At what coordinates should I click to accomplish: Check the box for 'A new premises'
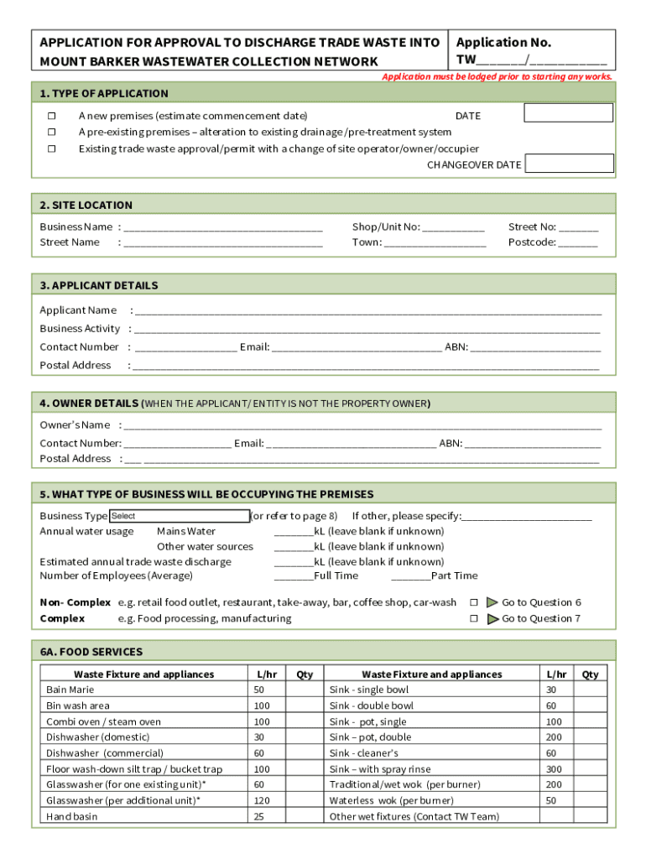point(51,116)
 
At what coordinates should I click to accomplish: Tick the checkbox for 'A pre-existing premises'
point(51,132)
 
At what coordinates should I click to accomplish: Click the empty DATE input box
point(568,113)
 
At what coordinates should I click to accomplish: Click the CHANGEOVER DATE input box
point(568,164)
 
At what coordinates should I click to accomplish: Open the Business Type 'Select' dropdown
point(180,516)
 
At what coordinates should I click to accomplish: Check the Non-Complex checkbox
point(473,602)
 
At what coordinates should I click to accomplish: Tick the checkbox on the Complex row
point(473,618)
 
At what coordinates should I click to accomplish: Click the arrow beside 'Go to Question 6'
point(492,602)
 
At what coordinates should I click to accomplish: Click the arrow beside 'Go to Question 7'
point(492,618)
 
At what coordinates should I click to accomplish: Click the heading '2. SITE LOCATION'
point(86,205)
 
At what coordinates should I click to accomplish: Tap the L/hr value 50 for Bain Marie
point(258,690)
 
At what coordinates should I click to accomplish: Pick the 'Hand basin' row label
point(72,816)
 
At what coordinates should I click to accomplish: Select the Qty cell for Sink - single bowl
point(591,690)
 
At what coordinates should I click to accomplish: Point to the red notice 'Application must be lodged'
point(497,76)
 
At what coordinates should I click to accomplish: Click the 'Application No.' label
point(503,43)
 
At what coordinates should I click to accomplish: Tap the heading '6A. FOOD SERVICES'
point(91,652)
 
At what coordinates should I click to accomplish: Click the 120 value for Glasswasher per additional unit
point(262,800)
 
